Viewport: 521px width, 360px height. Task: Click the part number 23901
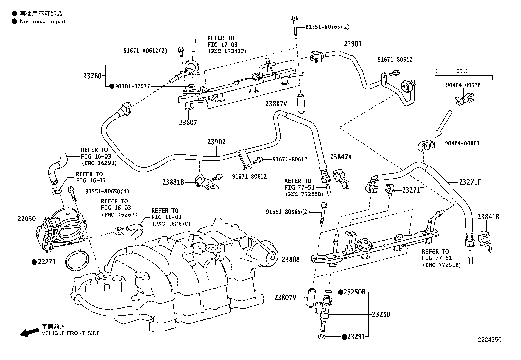click(353, 44)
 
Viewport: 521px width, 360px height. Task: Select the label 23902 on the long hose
click(216, 142)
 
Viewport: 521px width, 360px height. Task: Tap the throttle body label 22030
click(27, 218)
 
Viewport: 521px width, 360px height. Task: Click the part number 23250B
click(354, 292)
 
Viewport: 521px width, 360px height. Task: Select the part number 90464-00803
click(462, 143)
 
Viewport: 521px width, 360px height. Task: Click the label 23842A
click(341, 157)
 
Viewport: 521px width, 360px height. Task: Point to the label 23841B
click(488, 217)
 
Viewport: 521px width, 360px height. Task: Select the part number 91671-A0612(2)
click(145, 51)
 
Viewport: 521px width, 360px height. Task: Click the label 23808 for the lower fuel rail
click(291, 260)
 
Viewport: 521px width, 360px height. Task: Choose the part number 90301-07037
click(132, 86)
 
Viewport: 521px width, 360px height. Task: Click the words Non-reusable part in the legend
click(43, 22)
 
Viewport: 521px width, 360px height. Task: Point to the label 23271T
click(413, 190)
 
